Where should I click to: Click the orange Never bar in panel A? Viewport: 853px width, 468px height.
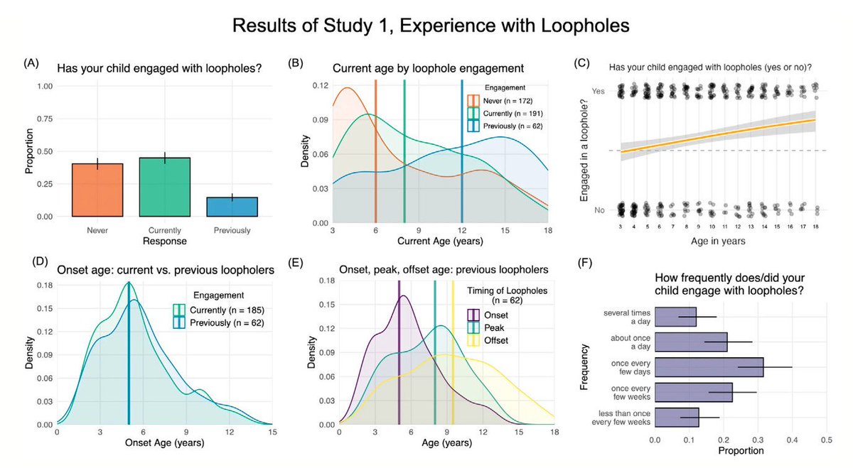[x=97, y=190]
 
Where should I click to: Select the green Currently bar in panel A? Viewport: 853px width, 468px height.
[x=165, y=187]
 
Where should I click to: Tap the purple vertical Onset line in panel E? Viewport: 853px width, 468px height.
[x=399, y=355]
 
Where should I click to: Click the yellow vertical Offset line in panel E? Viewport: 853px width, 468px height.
[x=453, y=355]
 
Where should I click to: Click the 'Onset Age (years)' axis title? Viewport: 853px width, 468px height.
[x=163, y=444]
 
